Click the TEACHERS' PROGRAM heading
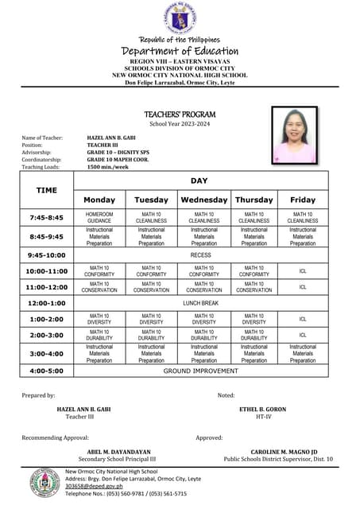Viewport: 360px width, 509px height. click(x=180, y=115)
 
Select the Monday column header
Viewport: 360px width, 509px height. click(x=99, y=200)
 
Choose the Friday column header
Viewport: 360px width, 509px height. click(x=302, y=200)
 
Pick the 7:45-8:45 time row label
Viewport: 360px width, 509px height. click(x=45, y=217)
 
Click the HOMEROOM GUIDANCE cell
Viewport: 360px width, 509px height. click(x=99, y=217)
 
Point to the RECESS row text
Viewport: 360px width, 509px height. click(x=201, y=254)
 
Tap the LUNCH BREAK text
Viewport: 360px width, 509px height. click(x=201, y=303)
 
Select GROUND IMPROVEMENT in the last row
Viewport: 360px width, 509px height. click(x=201, y=371)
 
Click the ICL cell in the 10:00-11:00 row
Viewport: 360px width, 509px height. click(x=303, y=270)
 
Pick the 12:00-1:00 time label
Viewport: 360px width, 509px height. click(x=45, y=303)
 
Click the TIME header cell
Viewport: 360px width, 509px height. click(x=47, y=190)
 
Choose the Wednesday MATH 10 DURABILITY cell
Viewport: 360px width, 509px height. click(x=204, y=335)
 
